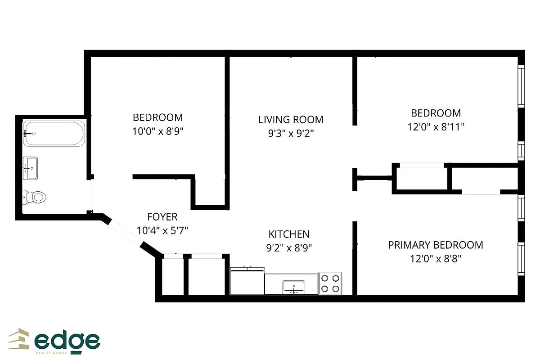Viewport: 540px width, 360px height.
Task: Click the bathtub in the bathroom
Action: click(x=54, y=134)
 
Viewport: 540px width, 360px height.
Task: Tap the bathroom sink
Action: click(x=31, y=168)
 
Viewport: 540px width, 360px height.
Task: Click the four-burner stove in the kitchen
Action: click(x=330, y=283)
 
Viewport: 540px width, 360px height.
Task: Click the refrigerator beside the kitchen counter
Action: click(x=247, y=281)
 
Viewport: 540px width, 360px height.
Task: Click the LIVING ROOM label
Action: click(x=291, y=120)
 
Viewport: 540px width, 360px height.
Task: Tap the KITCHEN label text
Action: click(x=289, y=234)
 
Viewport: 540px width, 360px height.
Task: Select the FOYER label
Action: click(x=162, y=217)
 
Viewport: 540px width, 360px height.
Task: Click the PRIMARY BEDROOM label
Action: click(x=436, y=245)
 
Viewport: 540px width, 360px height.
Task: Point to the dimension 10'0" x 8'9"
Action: click(x=157, y=131)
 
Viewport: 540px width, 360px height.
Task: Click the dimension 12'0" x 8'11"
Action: click(x=436, y=127)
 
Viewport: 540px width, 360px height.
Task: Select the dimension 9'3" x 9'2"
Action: click(x=291, y=134)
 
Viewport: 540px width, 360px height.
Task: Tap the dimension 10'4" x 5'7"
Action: click(x=162, y=230)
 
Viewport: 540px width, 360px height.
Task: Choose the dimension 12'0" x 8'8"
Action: click(x=436, y=259)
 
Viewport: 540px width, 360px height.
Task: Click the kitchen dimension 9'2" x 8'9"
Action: click(x=289, y=247)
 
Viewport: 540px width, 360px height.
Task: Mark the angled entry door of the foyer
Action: click(x=126, y=233)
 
